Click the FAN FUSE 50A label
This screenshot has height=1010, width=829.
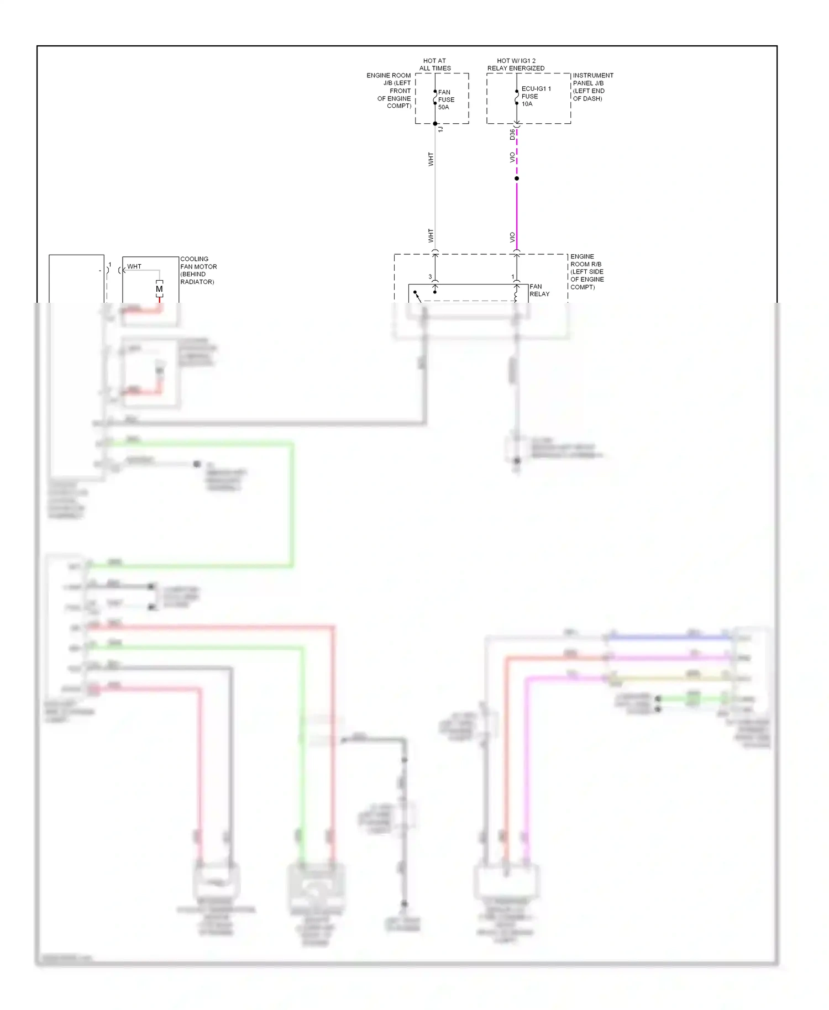[x=446, y=99]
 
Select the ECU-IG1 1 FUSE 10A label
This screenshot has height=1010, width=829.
[x=536, y=96]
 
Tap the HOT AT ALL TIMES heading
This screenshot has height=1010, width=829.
[x=435, y=65]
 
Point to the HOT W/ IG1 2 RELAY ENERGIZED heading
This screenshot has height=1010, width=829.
[x=516, y=65]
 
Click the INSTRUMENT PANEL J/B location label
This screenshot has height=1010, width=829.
[x=592, y=87]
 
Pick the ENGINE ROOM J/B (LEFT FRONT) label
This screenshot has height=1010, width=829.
[x=390, y=91]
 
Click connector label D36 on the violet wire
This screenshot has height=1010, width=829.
[x=512, y=134]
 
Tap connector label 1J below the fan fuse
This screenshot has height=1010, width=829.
[x=440, y=129]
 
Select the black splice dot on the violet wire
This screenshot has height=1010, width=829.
[x=517, y=178]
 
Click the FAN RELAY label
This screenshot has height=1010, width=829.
[x=539, y=290]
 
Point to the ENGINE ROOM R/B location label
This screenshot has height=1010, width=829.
[x=587, y=272]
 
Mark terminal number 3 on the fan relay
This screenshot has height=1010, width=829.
[x=430, y=277]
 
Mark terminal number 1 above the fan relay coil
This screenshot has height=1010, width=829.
[x=512, y=277]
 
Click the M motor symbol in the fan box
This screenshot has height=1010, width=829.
[x=159, y=289]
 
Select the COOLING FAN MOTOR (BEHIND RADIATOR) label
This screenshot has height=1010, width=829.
[x=198, y=270]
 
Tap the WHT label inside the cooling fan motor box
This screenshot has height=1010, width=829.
[x=134, y=266]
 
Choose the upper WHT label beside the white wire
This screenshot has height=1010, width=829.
[x=431, y=159]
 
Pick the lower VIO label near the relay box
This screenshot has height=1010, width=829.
[x=512, y=237]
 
